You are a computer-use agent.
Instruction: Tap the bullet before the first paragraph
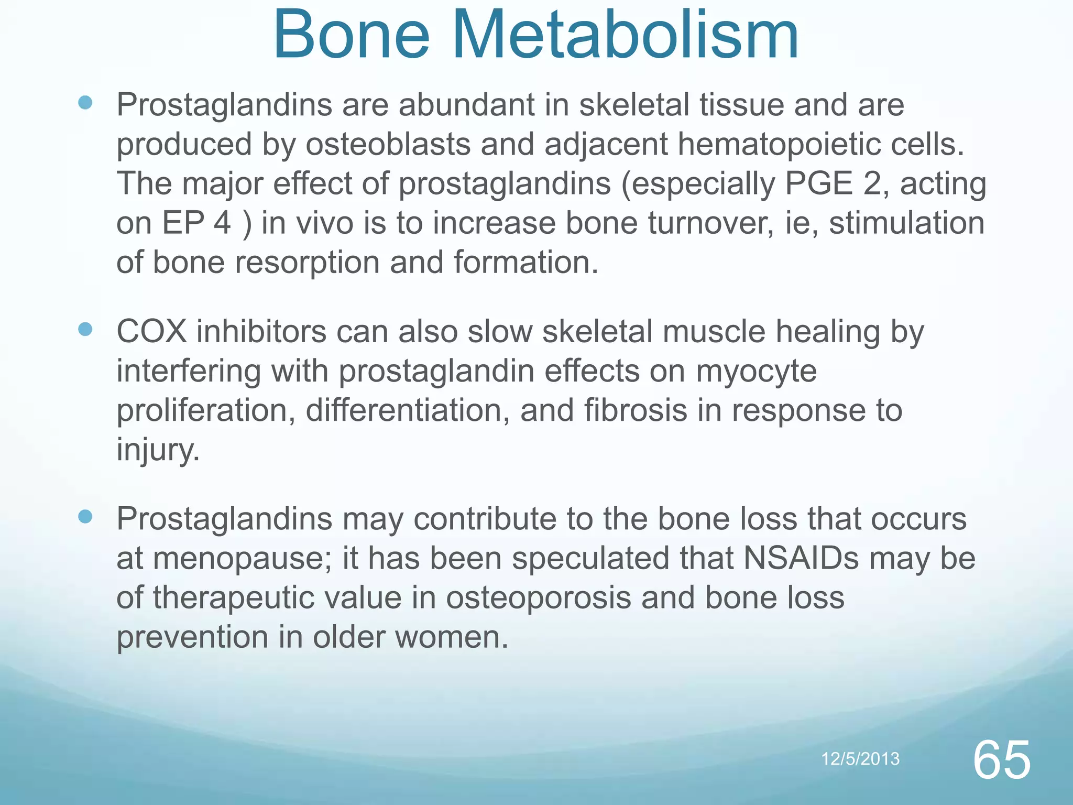[x=85, y=103]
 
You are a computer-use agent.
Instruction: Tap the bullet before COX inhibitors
[x=85, y=330]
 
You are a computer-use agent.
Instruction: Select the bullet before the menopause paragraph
[x=85, y=517]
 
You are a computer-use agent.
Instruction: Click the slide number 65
[x=1001, y=760]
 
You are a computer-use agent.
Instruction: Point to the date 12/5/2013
[x=860, y=759]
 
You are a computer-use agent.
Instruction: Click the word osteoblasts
[x=388, y=145]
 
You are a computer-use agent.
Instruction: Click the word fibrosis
[x=635, y=410]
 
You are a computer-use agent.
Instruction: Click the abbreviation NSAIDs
[x=801, y=558]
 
